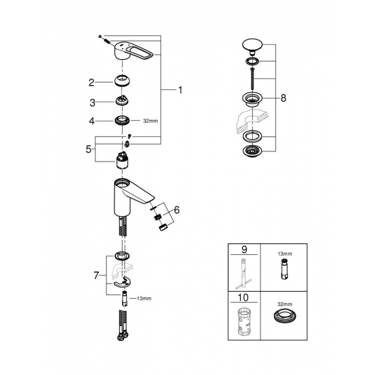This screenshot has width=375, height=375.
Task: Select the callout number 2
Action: [91, 83]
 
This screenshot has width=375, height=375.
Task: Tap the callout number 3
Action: [91, 102]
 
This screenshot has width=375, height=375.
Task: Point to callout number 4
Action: [91, 121]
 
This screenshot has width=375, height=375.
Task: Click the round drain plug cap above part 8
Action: [252, 46]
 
